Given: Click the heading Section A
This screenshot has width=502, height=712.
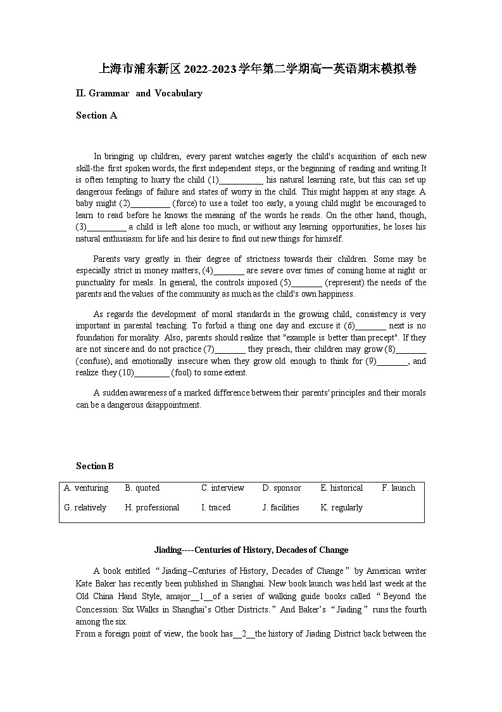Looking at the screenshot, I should [x=96, y=115].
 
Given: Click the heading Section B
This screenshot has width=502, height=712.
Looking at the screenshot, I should [x=94, y=466].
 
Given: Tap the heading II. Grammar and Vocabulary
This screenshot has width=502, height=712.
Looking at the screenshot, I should [x=139, y=93].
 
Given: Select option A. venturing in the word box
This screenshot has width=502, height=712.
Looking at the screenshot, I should [x=86, y=488].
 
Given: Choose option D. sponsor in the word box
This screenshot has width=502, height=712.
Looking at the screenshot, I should [x=282, y=488].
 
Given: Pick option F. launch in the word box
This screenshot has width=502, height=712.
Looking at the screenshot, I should [x=398, y=488].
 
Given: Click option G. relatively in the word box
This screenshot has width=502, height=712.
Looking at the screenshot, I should [x=85, y=507].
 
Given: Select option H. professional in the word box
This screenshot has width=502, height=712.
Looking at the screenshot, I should [x=152, y=507].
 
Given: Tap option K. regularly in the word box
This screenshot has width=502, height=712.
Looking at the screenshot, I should [x=341, y=507].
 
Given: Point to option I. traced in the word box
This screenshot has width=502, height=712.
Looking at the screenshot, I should [x=216, y=507].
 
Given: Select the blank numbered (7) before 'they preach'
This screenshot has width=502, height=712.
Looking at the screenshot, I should [x=230, y=349].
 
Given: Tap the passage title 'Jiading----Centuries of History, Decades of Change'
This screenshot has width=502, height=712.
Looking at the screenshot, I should [x=251, y=550].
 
